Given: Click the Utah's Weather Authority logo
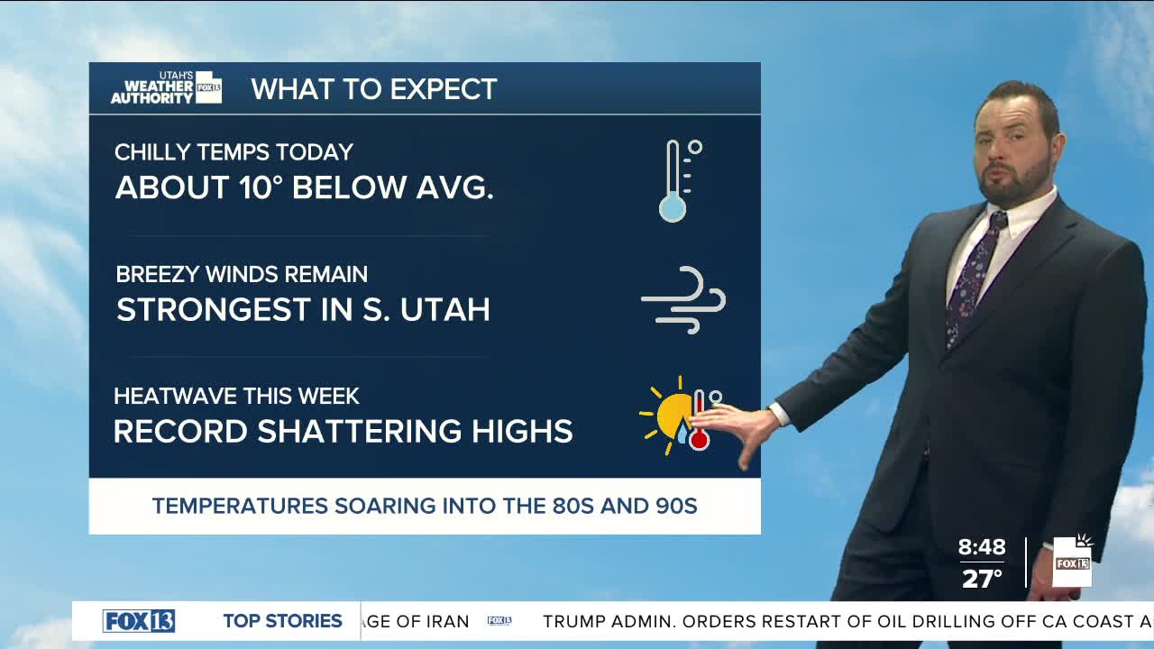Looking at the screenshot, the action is [167, 88].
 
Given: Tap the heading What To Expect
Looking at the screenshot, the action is [374, 89].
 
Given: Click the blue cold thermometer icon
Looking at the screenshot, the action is [680, 181].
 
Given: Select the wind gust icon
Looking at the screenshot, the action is [683, 300].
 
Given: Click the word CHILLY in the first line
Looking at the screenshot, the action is [153, 152].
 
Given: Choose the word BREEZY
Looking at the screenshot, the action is [158, 274].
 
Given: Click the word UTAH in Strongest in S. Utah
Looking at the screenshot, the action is [445, 309].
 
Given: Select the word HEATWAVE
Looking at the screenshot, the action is [175, 396].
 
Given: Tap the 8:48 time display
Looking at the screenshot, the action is [982, 546].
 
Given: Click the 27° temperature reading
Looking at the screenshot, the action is [982, 578].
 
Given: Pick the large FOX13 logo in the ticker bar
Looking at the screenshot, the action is [139, 621].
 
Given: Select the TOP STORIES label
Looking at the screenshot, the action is [282, 621].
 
